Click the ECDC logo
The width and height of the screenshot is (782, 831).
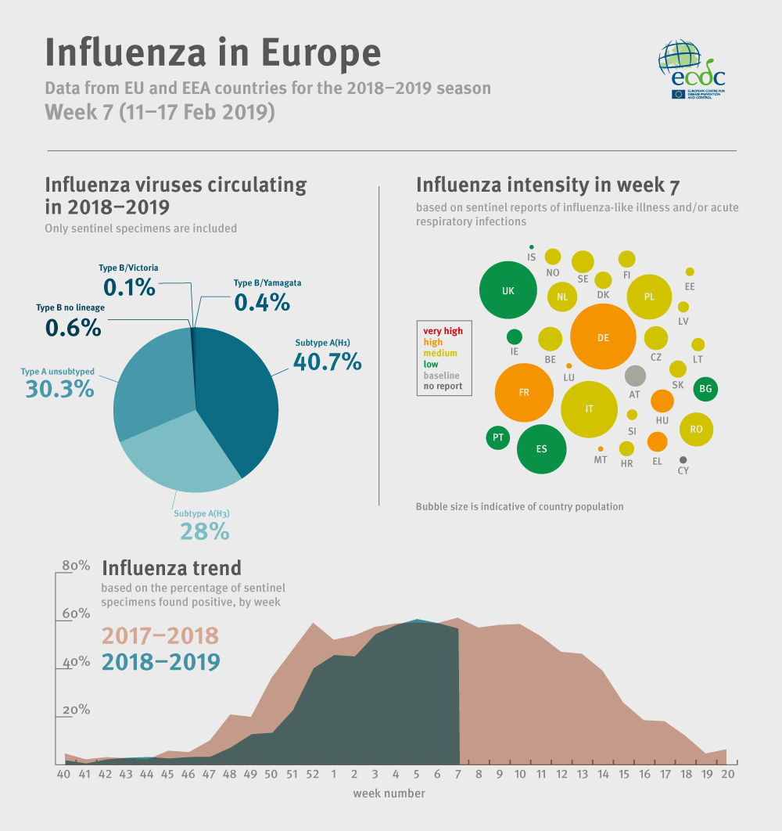coord(692,69)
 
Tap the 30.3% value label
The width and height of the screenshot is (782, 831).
coord(59,388)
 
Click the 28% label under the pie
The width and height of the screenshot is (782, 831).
coord(204,531)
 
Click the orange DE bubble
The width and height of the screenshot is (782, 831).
coord(602,337)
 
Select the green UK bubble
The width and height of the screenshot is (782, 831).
coord(508,290)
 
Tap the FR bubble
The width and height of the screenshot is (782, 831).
coord(524,392)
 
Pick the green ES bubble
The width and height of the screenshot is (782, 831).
coord(542,449)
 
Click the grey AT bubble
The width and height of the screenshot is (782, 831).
coord(634,376)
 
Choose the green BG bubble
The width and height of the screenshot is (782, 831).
coord(705,388)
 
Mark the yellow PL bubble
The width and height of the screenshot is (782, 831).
coord(649,297)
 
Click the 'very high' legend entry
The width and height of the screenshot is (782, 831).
coord(443,331)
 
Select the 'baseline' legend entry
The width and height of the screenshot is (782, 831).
coord(442,375)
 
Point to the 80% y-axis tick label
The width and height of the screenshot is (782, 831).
coord(76,565)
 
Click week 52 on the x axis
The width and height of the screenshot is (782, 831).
coord(312,774)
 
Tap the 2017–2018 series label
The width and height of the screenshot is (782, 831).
coord(160,635)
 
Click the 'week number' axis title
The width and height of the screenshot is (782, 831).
coord(389,793)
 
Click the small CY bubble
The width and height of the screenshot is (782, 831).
coord(683,460)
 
